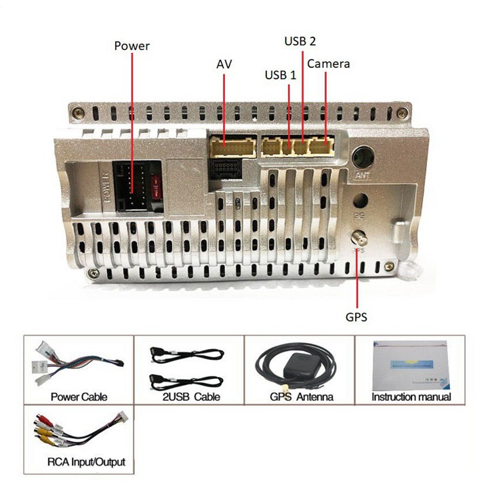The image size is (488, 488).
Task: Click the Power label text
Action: pos(131,46)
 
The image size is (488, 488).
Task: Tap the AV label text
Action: pos(225,64)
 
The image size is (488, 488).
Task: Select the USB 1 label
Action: pos(280,75)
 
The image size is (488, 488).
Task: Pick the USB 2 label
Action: pos(300,41)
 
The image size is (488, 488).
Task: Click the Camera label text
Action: pos(329,64)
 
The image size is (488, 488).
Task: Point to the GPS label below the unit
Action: pos(356,317)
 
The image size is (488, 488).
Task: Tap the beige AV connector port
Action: pos(232,147)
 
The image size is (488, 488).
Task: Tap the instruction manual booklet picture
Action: pos(411,363)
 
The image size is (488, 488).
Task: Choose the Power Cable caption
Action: pos(79,397)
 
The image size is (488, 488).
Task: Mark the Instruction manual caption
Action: pos(411,397)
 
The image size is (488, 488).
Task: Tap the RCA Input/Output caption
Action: pos(86,462)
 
